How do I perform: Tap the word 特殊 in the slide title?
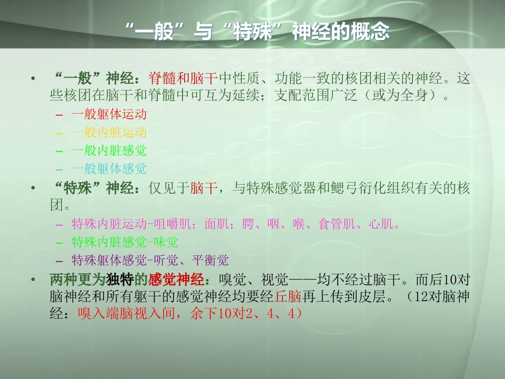click(x=253, y=32)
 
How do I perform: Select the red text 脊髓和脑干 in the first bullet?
click(x=183, y=78)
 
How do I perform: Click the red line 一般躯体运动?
click(x=109, y=114)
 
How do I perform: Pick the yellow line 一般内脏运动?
click(x=109, y=133)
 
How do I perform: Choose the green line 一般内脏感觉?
click(x=109, y=151)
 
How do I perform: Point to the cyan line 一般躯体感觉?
click(x=109, y=168)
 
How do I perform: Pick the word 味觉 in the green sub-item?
click(x=166, y=242)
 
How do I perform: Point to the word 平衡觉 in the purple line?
click(x=210, y=260)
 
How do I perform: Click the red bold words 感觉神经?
click(x=176, y=280)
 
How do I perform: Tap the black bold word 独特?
click(x=120, y=280)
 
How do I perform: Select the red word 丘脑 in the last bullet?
click(x=288, y=296)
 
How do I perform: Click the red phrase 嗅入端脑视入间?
click(x=126, y=313)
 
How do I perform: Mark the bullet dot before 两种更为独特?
click(x=33, y=280)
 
